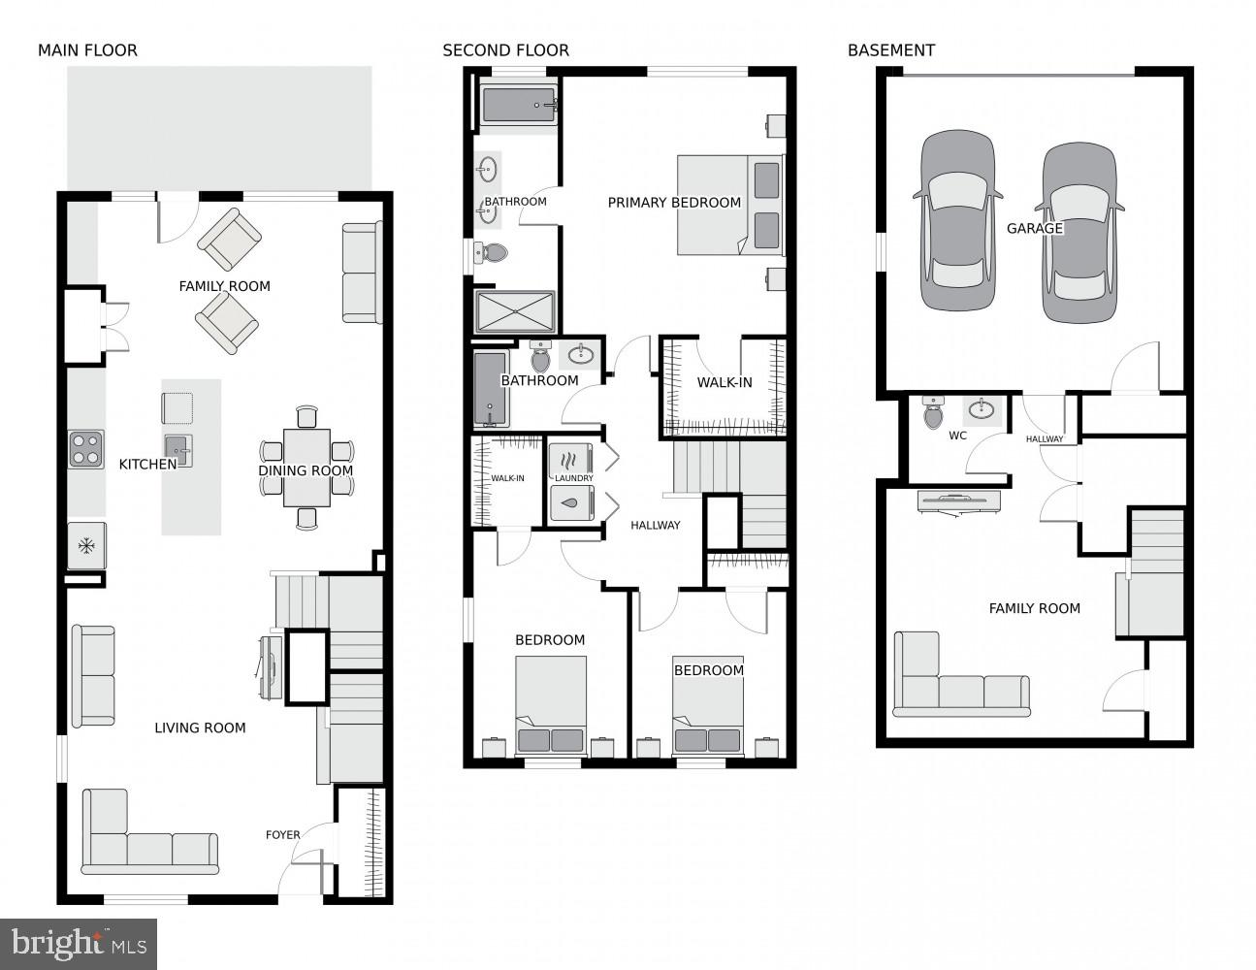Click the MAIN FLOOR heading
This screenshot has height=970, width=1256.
87,50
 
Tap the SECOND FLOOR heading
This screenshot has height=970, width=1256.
505,50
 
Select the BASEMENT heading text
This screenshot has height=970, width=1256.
890,50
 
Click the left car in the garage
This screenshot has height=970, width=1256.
957,221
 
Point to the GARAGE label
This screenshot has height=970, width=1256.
1034,229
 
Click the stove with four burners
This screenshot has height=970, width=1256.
85,449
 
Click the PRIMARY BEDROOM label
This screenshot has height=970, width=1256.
674,203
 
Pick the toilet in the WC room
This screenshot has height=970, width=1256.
933,412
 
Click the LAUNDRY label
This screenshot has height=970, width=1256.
573,478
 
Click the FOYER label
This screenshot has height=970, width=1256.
283,834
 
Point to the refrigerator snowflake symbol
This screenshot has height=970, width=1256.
86,547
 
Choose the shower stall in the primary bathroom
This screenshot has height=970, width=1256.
515,312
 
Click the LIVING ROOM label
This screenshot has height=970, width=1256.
200,727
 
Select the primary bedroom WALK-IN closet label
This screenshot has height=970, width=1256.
724,382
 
